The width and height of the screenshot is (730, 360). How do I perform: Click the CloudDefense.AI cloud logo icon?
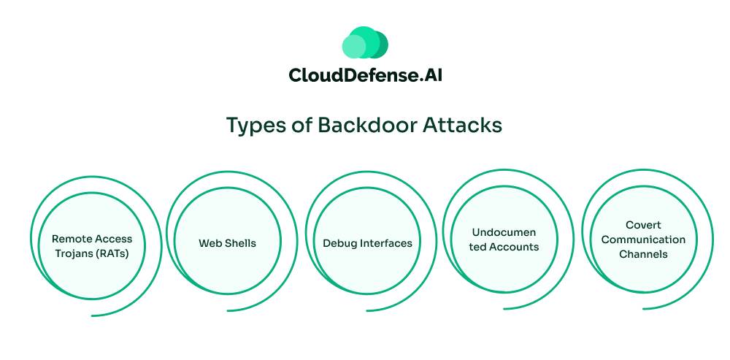pyautogui.click(x=365, y=43)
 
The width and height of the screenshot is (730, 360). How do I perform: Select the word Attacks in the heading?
pyautogui.click(x=466, y=125)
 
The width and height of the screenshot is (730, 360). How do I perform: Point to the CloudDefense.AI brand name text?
pyautogui.click(x=365, y=75)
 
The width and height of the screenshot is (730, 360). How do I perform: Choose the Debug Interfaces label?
pyautogui.click(x=367, y=243)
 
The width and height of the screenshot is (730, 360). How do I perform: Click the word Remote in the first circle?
pyautogui.click(x=72, y=238)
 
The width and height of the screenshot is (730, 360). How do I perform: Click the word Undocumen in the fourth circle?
pyautogui.click(x=504, y=233)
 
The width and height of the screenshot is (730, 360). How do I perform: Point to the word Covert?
pyautogui.click(x=643, y=226)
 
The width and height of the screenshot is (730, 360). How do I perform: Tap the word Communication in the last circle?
pyautogui.click(x=643, y=240)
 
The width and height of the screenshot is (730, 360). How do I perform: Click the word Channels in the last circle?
pyautogui.click(x=643, y=254)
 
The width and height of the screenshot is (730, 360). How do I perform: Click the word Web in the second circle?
pyautogui.click(x=209, y=243)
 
